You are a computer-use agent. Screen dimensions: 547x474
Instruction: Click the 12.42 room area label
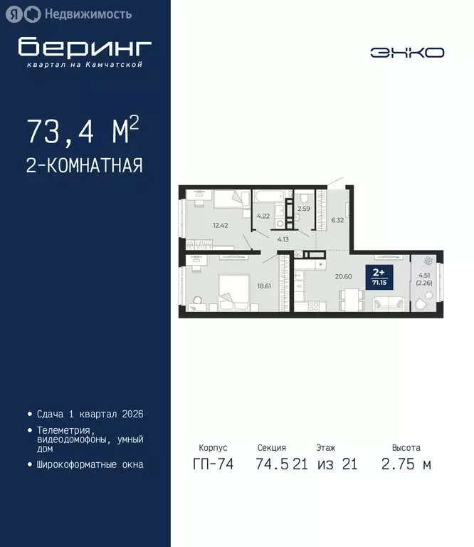click(219, 226)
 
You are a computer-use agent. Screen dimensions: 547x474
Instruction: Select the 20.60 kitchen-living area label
click(344, 276)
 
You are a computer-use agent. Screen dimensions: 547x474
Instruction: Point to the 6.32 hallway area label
click(337, 220)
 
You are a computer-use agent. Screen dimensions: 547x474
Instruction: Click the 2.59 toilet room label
click(304, 209)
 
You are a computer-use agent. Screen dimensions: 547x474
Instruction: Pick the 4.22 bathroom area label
click(263, 216)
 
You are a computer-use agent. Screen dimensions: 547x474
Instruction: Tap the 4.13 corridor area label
click(283, 240)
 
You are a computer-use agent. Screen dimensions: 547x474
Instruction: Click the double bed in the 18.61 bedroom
click(231, 295)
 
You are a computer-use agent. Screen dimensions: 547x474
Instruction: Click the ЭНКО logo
click(406, 52)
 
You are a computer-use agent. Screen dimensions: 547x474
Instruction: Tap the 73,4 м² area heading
click(83, 131)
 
